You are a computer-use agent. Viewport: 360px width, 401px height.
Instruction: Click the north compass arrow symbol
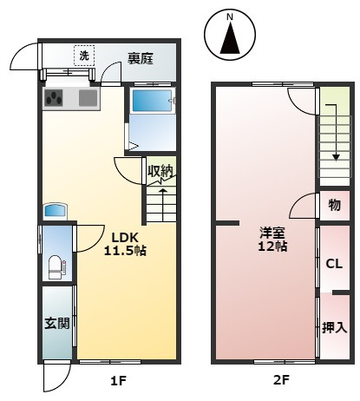tap(230, 38)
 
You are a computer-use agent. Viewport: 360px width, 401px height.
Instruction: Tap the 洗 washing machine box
tap(84, 56)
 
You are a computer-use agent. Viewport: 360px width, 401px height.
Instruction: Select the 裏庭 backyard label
tap(141, 58)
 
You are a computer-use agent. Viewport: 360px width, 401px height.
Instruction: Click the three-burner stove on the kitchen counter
tap(54, 97)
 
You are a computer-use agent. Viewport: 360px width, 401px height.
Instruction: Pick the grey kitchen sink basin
tap(88, 97)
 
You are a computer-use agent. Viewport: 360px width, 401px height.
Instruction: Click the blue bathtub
tap(152, 101)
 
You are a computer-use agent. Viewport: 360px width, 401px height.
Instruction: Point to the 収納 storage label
tap(160, 171)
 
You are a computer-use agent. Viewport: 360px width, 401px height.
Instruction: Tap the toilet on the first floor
tap(56, 267)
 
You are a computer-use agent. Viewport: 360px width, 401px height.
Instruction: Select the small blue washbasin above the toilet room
tap(55, 211)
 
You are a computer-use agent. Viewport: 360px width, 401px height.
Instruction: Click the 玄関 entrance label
tap(57, 323)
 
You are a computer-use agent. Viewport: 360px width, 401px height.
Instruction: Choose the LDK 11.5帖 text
tap(125, 244)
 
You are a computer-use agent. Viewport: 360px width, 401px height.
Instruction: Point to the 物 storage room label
tap(335, 205)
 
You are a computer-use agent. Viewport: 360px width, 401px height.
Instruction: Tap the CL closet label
tap(334, 264)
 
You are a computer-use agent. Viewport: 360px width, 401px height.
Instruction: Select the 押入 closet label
tap(335, 327)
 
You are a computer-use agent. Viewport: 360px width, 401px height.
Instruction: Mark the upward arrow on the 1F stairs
tap(163, 201)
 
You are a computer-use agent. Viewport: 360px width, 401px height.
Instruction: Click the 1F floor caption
tap(119, 380)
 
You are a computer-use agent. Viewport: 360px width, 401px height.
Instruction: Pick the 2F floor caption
tap(281, 380)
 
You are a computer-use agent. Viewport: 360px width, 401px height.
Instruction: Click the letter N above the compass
tap(230, 17)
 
